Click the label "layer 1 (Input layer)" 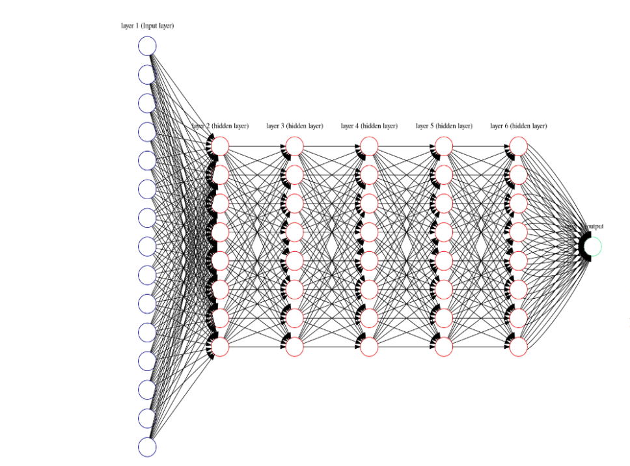[x=148, y=26]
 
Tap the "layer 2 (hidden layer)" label [x=220, y=126]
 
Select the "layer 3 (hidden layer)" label [x=295, y=126]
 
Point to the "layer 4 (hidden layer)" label [x=369, y=126]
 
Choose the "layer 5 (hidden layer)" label [x=444, y=126]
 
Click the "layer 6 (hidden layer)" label [x=518, y=126]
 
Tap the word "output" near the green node [x=594, y=226]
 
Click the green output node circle [x=593, y=247]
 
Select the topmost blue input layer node [x=148, y=46]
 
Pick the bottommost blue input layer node [x=148, y=447]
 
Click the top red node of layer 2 [x=220, y=146]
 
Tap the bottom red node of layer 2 [x=220, y=348]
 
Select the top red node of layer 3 [x=295, y=146]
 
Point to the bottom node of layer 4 [x=369, y=348]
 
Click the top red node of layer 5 [x=444, y=146]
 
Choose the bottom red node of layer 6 [x=518, y=348]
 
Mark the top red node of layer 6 [x=518, y=146]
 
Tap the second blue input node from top [x=148, y=75]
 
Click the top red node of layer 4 [x=369, y=146]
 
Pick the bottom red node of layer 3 [x=295, y=348]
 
